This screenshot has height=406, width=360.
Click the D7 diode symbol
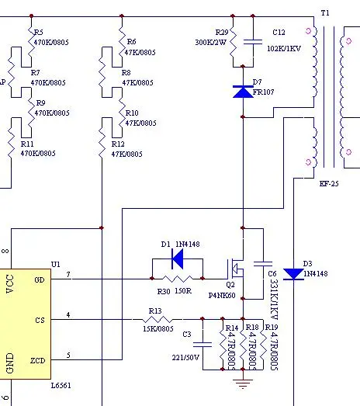(243, 92)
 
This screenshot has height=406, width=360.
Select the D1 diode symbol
(178, 259)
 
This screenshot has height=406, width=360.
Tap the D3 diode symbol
(293, 274)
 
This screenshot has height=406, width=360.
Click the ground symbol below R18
(243, 383)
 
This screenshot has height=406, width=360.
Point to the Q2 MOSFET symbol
(236, 269)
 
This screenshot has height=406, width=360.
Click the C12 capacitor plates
(253, 42)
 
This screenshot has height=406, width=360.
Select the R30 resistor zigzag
(178, 279)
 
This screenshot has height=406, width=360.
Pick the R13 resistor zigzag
(157, 320)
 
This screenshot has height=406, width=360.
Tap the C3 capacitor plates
(202, 345)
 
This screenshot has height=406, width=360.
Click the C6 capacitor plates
(263, 264)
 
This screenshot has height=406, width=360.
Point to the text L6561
(61, 386)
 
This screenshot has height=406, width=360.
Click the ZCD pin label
(38, 360)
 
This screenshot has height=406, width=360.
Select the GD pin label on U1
(40, 279)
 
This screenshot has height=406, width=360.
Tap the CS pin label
(40, 321)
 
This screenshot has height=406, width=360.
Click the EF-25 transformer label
(329, 183)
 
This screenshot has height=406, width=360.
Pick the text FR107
(263, 92)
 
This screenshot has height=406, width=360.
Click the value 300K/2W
(211, 42)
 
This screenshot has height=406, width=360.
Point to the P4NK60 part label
(222, 296)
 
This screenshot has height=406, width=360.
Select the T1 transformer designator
(325, 12)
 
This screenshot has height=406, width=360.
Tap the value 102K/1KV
(284, 48)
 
